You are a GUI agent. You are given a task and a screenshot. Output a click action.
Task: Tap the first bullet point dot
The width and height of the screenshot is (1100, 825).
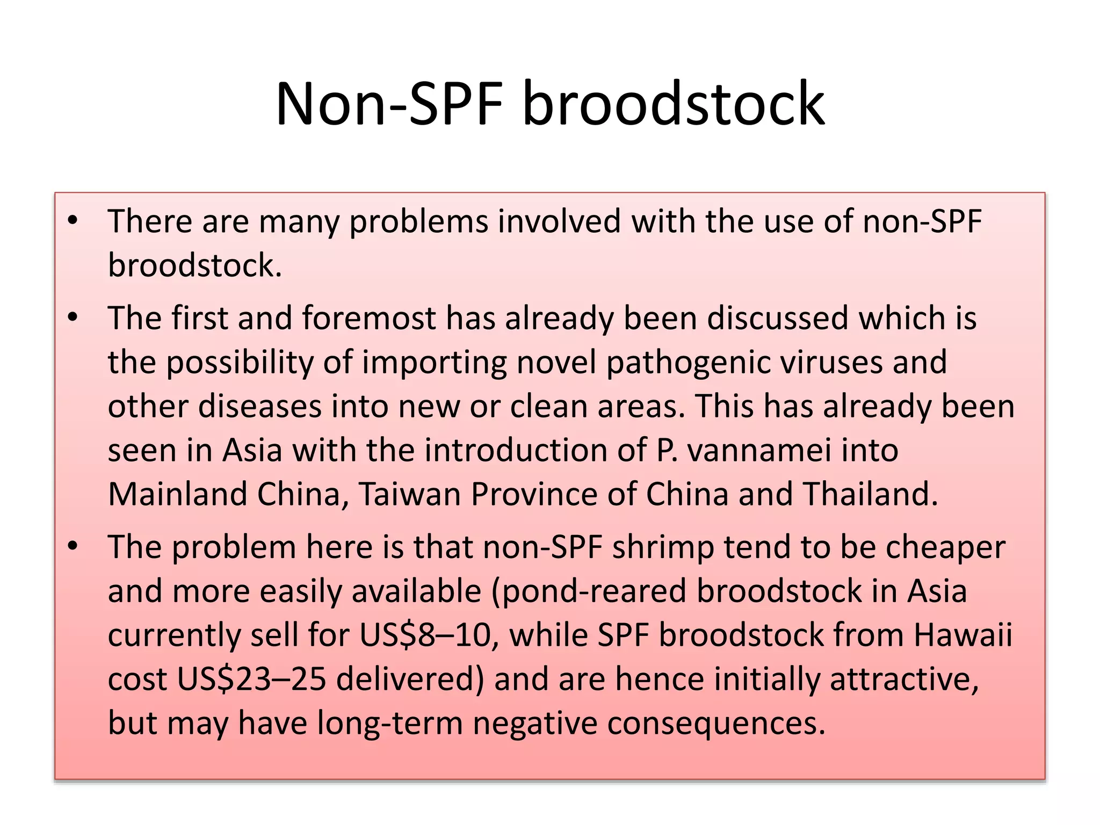[73, 220]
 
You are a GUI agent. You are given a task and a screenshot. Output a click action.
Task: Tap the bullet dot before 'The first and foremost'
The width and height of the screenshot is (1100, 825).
[73, 317]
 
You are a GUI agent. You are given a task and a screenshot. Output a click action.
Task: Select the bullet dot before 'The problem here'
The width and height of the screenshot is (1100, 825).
[73, 546]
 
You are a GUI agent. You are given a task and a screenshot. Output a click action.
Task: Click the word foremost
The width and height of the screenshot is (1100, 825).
[368, 318]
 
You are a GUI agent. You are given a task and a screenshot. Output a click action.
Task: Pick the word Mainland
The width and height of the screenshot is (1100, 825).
[177, 494]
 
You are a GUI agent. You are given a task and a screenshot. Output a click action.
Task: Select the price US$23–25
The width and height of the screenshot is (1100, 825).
[251, 679]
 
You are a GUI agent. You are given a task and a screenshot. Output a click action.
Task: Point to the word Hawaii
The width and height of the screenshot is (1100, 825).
[962, 635]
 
